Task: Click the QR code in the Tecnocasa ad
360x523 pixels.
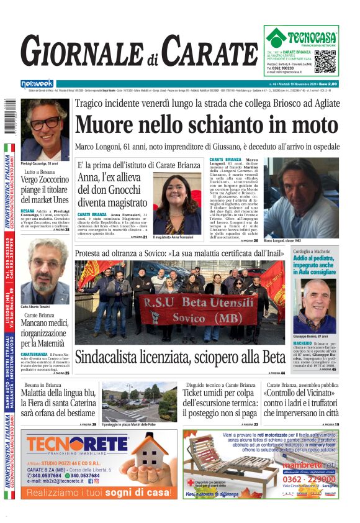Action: click(x=325, y=62)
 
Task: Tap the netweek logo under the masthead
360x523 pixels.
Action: click(x=37, y=83)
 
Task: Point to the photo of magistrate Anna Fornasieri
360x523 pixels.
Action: click(x=177, y=204)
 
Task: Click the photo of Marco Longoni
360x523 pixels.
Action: click(x=300, y=198)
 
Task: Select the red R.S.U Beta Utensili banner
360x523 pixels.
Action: click(x=197, y=309)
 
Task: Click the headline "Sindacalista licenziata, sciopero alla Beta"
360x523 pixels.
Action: click(x=180, y=357)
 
